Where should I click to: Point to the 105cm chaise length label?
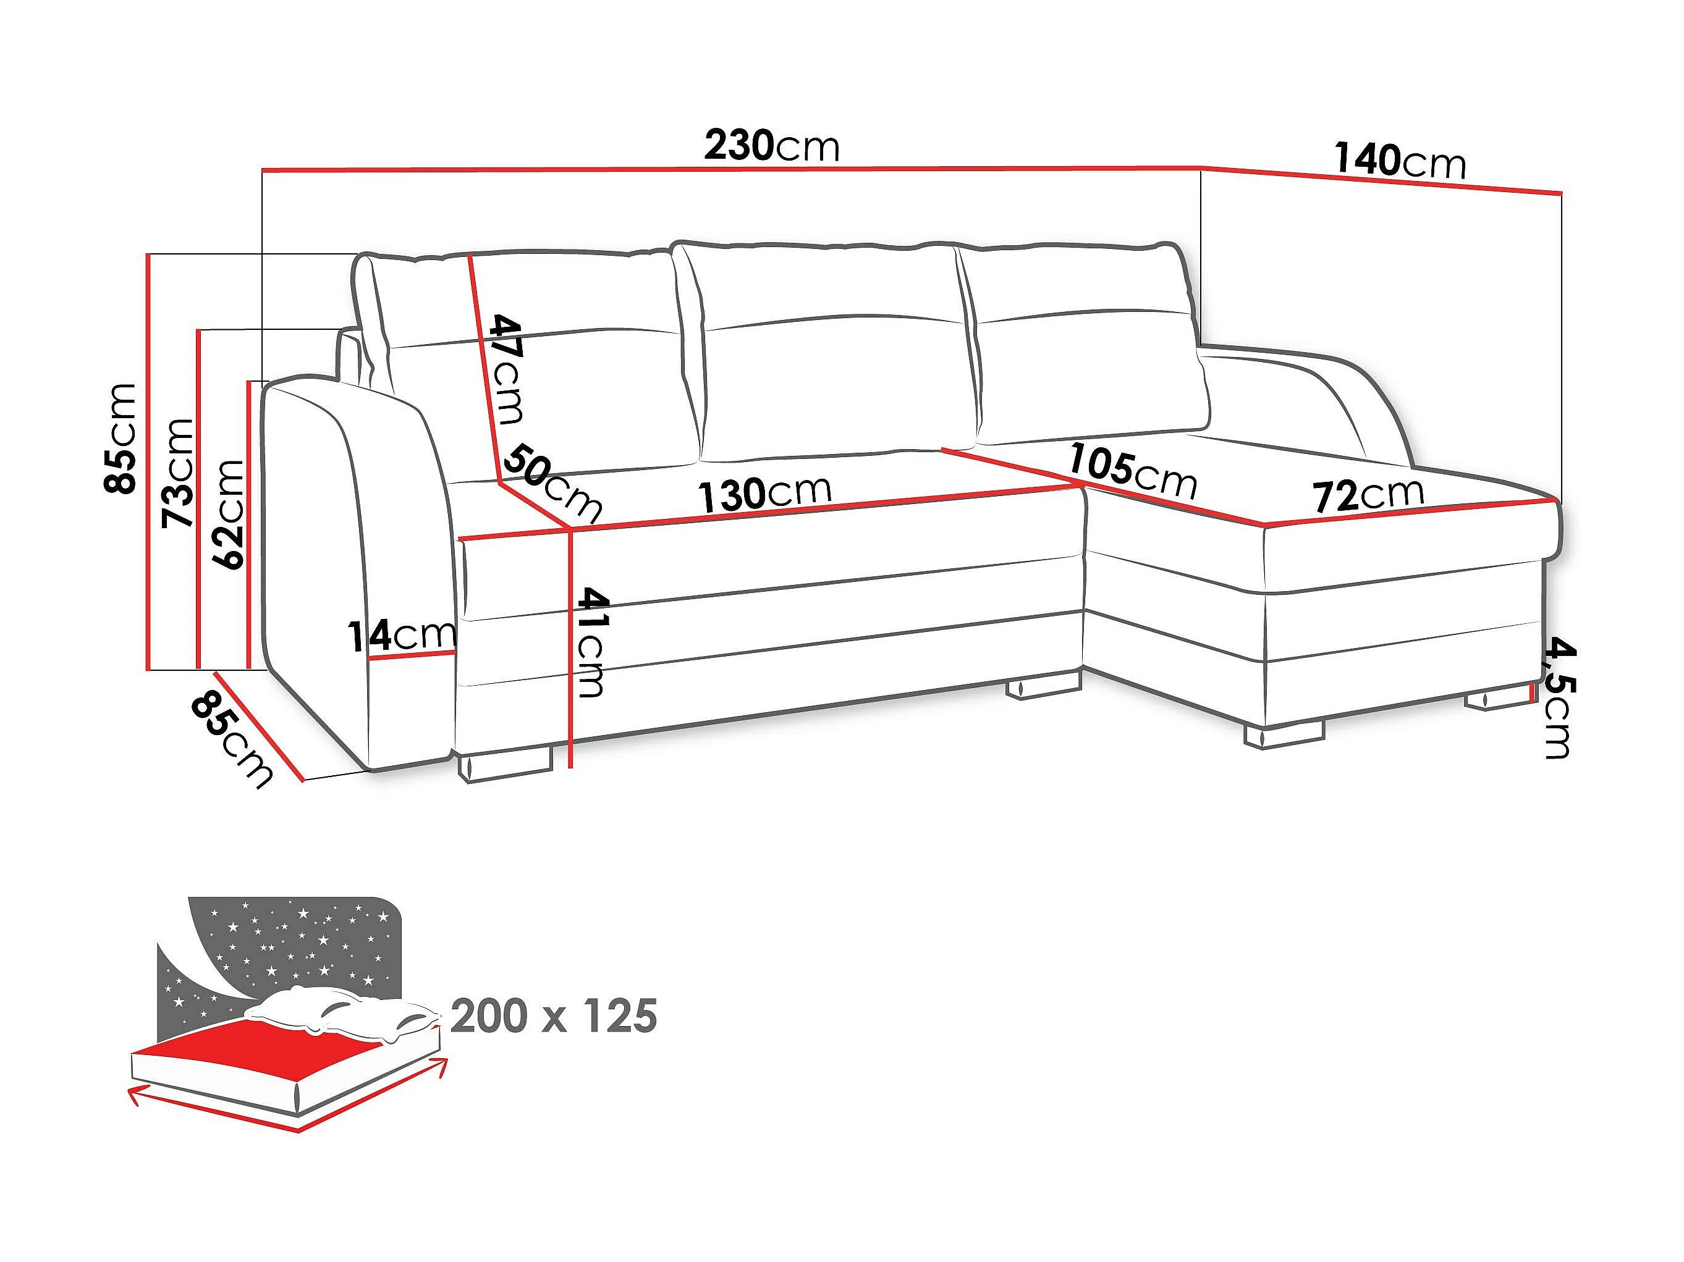(x=1132, y=471)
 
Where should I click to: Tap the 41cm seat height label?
(x=591, y=642)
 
